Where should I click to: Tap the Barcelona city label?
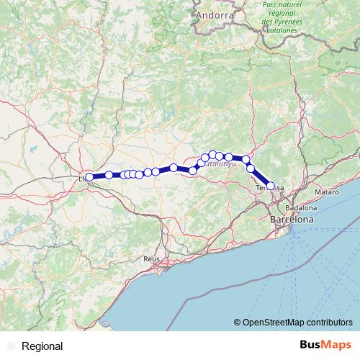click(292, 219)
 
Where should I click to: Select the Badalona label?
click(286, 207)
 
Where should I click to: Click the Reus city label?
click(151, 258)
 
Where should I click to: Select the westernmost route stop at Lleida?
click(89, 176)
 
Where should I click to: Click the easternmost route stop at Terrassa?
click(271, 186)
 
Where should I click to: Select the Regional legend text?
click(42, 346)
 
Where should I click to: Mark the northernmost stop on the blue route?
click(212, 155)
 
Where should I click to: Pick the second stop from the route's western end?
click(109, 175)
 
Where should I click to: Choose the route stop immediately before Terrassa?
click(251, 168)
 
